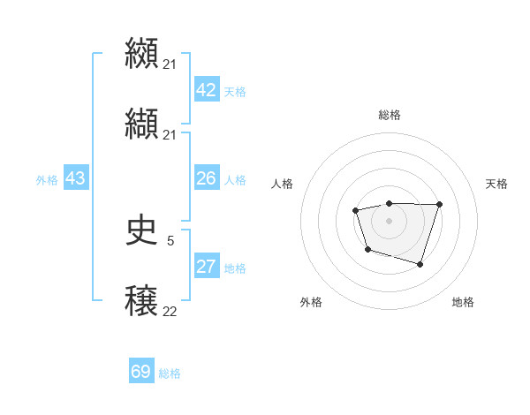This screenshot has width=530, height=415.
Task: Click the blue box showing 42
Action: pyautogui.click(x=207, y=90)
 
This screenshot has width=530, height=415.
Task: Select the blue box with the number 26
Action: pyautogui.click(x=207, y=178)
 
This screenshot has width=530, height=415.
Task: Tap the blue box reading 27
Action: pyautogui.click(x=207, y=267)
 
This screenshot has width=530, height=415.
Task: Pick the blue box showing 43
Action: pyautogui.click(x=76, y=178)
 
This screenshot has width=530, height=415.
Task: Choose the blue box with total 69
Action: pyautogui.click(x=141, y=372)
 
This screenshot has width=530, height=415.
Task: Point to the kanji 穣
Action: pyautogui.click(x=141, y=301)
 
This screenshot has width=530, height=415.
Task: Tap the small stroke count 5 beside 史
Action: pyautogui.click(x=170, y=239)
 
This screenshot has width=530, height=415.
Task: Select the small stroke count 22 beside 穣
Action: pyautogui.click(x=170, y=312)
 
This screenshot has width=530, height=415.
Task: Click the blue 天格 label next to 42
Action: pyautogui.click(x=235, y=92)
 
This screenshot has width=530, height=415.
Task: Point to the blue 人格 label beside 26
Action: pyautogui.click(x=235, y=180)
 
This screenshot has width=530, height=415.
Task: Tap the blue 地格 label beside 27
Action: pyautogui.click(x=235, y=268)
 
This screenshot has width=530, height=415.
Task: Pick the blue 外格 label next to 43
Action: pyautogui.click(x=47, y=180)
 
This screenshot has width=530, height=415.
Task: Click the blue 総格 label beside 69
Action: pyautogui.click(x=170, y=373)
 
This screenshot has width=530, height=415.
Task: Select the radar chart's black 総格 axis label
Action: pyautogui.click(x=389, y=115)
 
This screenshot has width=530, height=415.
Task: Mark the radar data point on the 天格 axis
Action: pyautogui.click(x=439, y=204)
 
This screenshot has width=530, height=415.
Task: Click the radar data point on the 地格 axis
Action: pyautogui.click(x=420, y=264)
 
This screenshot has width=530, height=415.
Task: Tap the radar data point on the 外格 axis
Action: pyautogui.click(x=367, y=250)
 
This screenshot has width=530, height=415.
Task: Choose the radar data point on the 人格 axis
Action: pyautogui.click(x=355, y=210)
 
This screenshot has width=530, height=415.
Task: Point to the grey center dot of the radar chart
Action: pyautogui.click(x=389, y=220)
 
